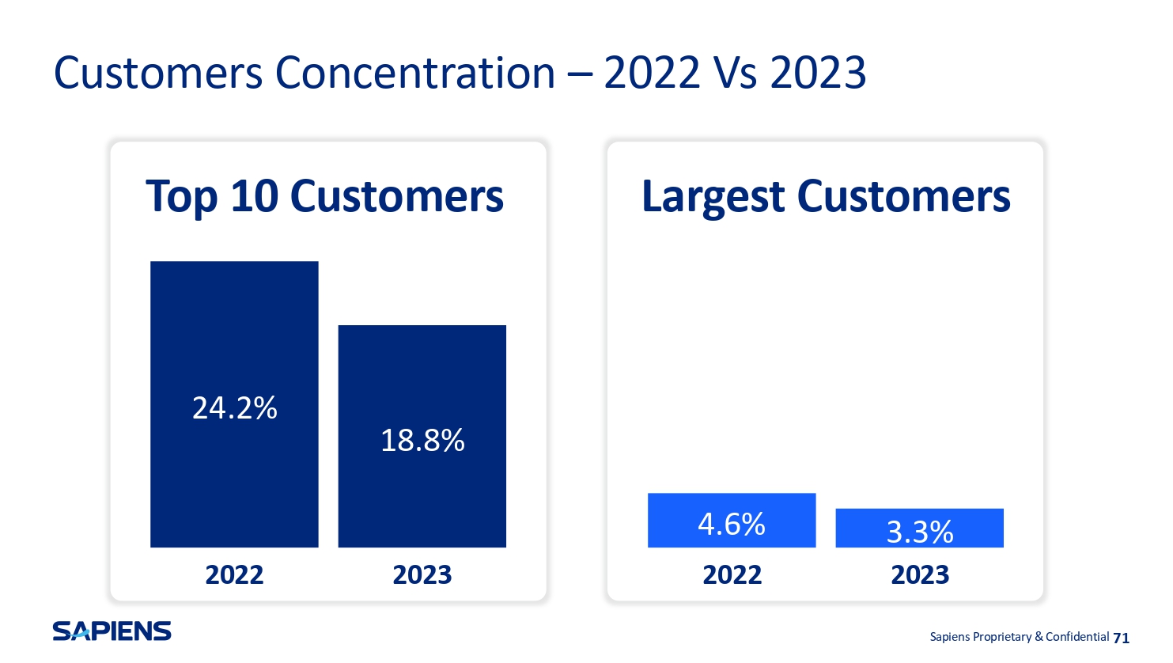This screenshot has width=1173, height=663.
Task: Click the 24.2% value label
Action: click(x=235, y=408)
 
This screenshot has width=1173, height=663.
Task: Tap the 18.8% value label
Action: click(x=422, y=440)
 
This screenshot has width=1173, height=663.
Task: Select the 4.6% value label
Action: click(x=732, y=524)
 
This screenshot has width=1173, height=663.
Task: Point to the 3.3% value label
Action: click(x=920, y=532)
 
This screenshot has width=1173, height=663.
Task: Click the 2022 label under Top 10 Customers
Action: click(x=234, y=575)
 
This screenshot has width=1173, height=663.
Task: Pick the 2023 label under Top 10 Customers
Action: click(x=422, y=575)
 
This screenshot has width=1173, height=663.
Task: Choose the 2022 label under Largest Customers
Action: click(x=732, y=575)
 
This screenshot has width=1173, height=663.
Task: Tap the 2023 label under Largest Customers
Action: click(x=920, y=575)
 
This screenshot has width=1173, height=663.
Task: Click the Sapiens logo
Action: click(x=112, y=631)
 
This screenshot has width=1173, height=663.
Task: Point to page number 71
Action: click(x=1121, y=638)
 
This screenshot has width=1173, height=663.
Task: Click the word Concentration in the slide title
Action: click(x=414, y=73)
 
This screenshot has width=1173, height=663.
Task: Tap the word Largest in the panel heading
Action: click(x=713, y=198)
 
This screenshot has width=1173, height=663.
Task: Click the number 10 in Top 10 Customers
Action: click(x=255, y=196)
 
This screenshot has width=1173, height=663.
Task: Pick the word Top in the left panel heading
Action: click(x=181, y=198)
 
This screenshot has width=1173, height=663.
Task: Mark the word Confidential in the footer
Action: click(x=1077, y=637)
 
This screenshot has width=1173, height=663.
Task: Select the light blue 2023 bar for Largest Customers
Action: click(x=920, y=528)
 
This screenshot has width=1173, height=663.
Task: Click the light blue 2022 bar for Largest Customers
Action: click(x=732, y=520)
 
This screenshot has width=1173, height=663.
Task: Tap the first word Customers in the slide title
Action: click(x=158, y=73)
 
